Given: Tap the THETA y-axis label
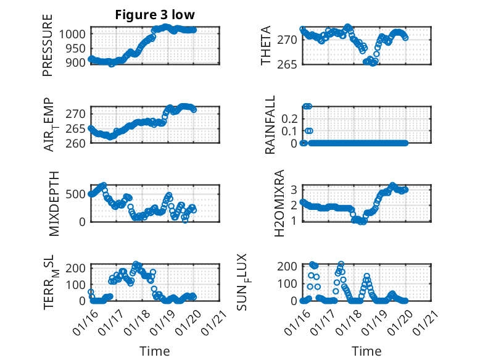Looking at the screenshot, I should pos(266,45).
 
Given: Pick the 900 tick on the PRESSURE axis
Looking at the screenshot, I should pos(77,62).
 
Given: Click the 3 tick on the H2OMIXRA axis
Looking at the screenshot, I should pos(296,189).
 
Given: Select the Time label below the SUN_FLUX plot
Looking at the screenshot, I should pos(366,351).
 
